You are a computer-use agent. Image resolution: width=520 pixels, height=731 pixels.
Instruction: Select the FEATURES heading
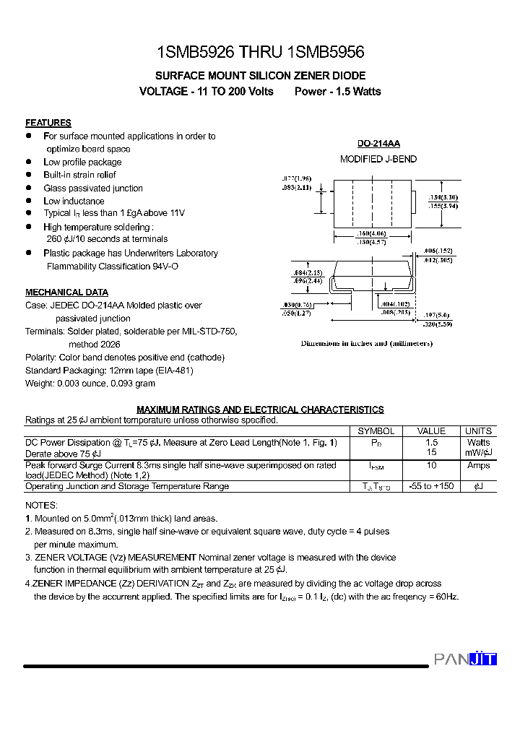point(48,123)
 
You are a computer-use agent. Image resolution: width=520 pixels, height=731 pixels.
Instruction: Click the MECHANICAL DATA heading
point(66,293)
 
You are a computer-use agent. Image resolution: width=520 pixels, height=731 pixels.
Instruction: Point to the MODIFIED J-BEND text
point(378,159)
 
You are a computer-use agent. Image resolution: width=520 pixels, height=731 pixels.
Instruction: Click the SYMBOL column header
point(376,431)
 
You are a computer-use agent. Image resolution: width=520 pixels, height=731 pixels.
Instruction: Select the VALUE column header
point(432,431)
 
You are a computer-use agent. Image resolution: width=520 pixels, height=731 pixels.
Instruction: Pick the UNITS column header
point(478,431)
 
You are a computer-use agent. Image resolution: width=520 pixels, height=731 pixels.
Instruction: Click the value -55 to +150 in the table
point(432,486)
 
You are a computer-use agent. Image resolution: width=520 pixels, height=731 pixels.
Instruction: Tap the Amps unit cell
point(478,466)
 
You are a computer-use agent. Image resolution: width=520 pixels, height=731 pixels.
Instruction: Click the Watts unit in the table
point(478,442)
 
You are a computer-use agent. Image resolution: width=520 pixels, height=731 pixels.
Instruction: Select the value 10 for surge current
point(432,466)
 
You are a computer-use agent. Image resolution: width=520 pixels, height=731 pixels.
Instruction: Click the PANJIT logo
point(465,659)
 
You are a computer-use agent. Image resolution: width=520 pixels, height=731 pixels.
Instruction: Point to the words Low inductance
point(74,201)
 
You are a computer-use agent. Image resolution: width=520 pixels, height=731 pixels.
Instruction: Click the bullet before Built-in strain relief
point(29,175)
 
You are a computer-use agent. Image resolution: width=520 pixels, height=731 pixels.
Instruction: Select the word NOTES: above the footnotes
point(41,506)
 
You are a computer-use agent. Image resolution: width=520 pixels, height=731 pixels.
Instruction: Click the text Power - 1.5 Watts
point(337,92)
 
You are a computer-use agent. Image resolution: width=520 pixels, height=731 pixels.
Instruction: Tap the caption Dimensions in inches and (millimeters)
point(366,344)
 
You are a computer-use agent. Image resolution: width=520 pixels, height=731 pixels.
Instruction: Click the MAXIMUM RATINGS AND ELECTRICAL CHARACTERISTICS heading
point(260,410)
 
